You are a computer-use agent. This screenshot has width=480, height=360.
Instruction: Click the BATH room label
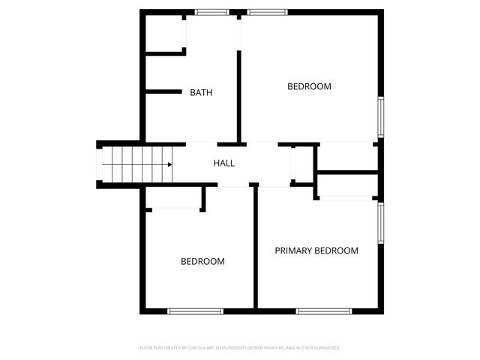[201, 93]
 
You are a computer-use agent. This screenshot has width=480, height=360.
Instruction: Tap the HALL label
[224, 163]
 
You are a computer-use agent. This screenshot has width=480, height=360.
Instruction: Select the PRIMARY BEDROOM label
[316, 250]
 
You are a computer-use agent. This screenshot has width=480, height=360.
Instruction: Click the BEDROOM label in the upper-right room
[309, 86]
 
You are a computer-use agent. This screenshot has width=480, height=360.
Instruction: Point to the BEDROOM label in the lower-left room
[202, 261]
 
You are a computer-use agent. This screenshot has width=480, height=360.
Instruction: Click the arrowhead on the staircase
[169, 164]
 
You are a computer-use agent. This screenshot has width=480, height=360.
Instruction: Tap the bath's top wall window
[211, 12]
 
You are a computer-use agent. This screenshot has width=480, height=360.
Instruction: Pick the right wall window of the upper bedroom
[381, 118]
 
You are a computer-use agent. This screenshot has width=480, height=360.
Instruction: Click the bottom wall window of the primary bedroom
[323, 310]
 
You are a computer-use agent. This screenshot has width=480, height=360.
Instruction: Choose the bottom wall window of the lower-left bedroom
[195, 310]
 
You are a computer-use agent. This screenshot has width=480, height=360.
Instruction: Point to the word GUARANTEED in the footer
[326, 348]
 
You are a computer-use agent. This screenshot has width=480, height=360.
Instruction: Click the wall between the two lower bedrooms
[255, 247]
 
